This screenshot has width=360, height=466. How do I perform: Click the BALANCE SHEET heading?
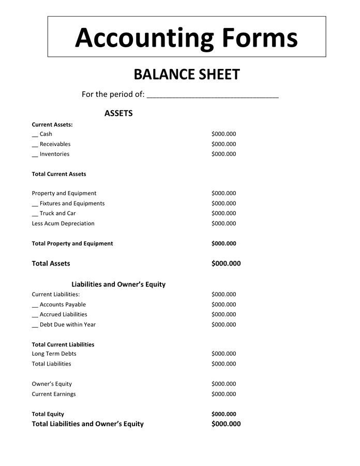pyautogui.click(x=187, y=75)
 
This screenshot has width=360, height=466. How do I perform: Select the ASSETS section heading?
pyautogui.click(x=118, y=113)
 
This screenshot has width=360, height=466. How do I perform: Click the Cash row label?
pyautogui.click(x=46, y=134)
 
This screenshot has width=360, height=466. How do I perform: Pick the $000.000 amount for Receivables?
pyautogui.click(x=223, y=144)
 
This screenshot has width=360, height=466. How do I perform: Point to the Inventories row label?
pyautogui.click(x=54, y=154)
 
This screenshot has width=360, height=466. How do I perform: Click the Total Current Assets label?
pyautogui.click(x=59, y=174)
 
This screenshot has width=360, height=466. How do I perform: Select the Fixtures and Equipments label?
pyautogui.click(x=72, y=203)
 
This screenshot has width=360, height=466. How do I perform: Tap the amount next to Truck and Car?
pyautogui.click(x=223, y=213)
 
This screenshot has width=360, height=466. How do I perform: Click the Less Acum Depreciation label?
pyautogui.click(x=63, y=224)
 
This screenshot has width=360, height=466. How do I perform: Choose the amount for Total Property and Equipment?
pyautogui.click(x=223, y=243)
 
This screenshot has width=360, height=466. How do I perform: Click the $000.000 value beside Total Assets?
pyautogui.click(x=226, y=264)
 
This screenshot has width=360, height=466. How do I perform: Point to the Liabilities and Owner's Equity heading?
pyautogui.click(x=118, y=284)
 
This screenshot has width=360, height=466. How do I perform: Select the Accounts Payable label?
pyautogui.click(x=63, y=304)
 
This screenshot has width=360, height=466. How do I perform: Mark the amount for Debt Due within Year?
pyautogui.click(x=223, y=325)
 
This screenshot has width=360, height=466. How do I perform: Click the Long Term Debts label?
pyautogui.click(x=54, y=354)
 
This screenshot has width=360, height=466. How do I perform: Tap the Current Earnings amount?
pyautogui.click(x=223, y=394)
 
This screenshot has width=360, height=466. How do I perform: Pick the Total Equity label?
pyautogui.click(x=48, y=414)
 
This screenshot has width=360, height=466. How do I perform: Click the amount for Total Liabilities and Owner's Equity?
pyautogui.click(x=226, y=424)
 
